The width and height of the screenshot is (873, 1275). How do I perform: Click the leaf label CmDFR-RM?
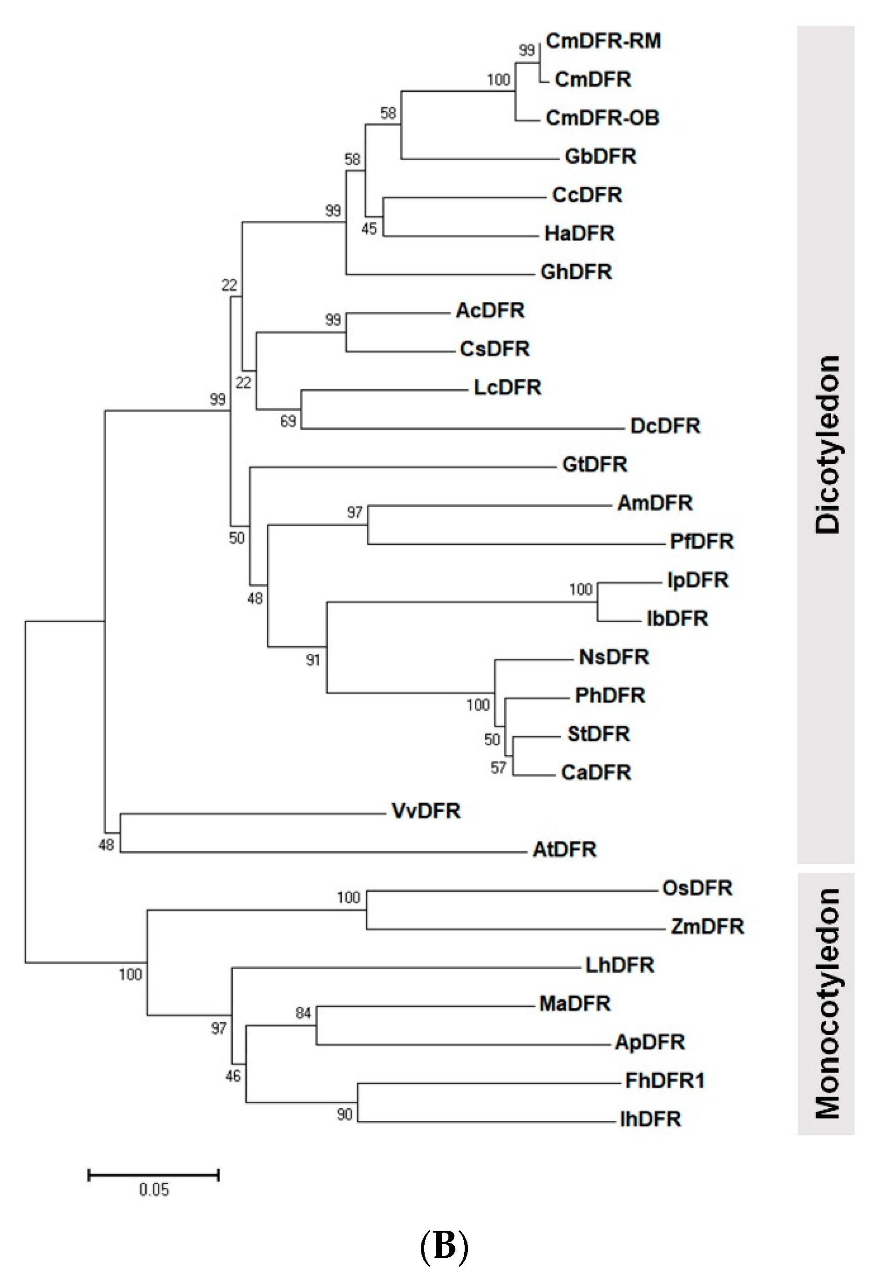pyautogui.click(x=603, y=41)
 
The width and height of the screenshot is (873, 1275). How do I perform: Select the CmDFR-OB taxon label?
pyautogui.click(x=602, y=118)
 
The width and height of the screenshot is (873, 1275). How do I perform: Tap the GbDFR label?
pyautogui.click(x=600, y=157)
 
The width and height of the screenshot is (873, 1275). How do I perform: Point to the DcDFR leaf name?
pyautogui.click(x=665, y=426)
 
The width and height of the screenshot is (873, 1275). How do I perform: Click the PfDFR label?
pyautogui.click(x=701, y=542)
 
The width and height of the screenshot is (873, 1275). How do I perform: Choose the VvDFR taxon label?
pyautogui.click(x=426, y=811)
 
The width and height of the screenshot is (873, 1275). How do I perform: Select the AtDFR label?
pyautogui.click(x=565, y=850)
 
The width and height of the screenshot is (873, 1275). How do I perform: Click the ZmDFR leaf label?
pyautogui.click(x=707, y=927)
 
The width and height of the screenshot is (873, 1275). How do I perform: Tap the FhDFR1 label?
pyautogui.click(x=664, y=1081)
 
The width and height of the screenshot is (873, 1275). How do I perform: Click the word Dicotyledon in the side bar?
pyautogui.click(x=827, y=444)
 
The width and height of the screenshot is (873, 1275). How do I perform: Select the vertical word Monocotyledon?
pyautogui.click(x=827, y=1004)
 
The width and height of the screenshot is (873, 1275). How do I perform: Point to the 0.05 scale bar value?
pyautogui.click(x=154, y=1191)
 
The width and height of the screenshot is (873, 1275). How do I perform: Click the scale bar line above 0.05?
pyautogui.click(x=154, y=1174)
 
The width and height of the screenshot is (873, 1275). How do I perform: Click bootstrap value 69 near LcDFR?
pyautogui.click(x=288, y=421)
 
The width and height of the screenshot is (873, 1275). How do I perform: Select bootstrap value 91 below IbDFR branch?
pyautogui.click(x=313, y=660)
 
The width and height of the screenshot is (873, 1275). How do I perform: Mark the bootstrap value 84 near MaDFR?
pyautogui.click(x=304, y=1013)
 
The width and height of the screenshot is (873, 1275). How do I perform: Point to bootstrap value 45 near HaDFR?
pyautogui.click(x=369, y=228)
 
